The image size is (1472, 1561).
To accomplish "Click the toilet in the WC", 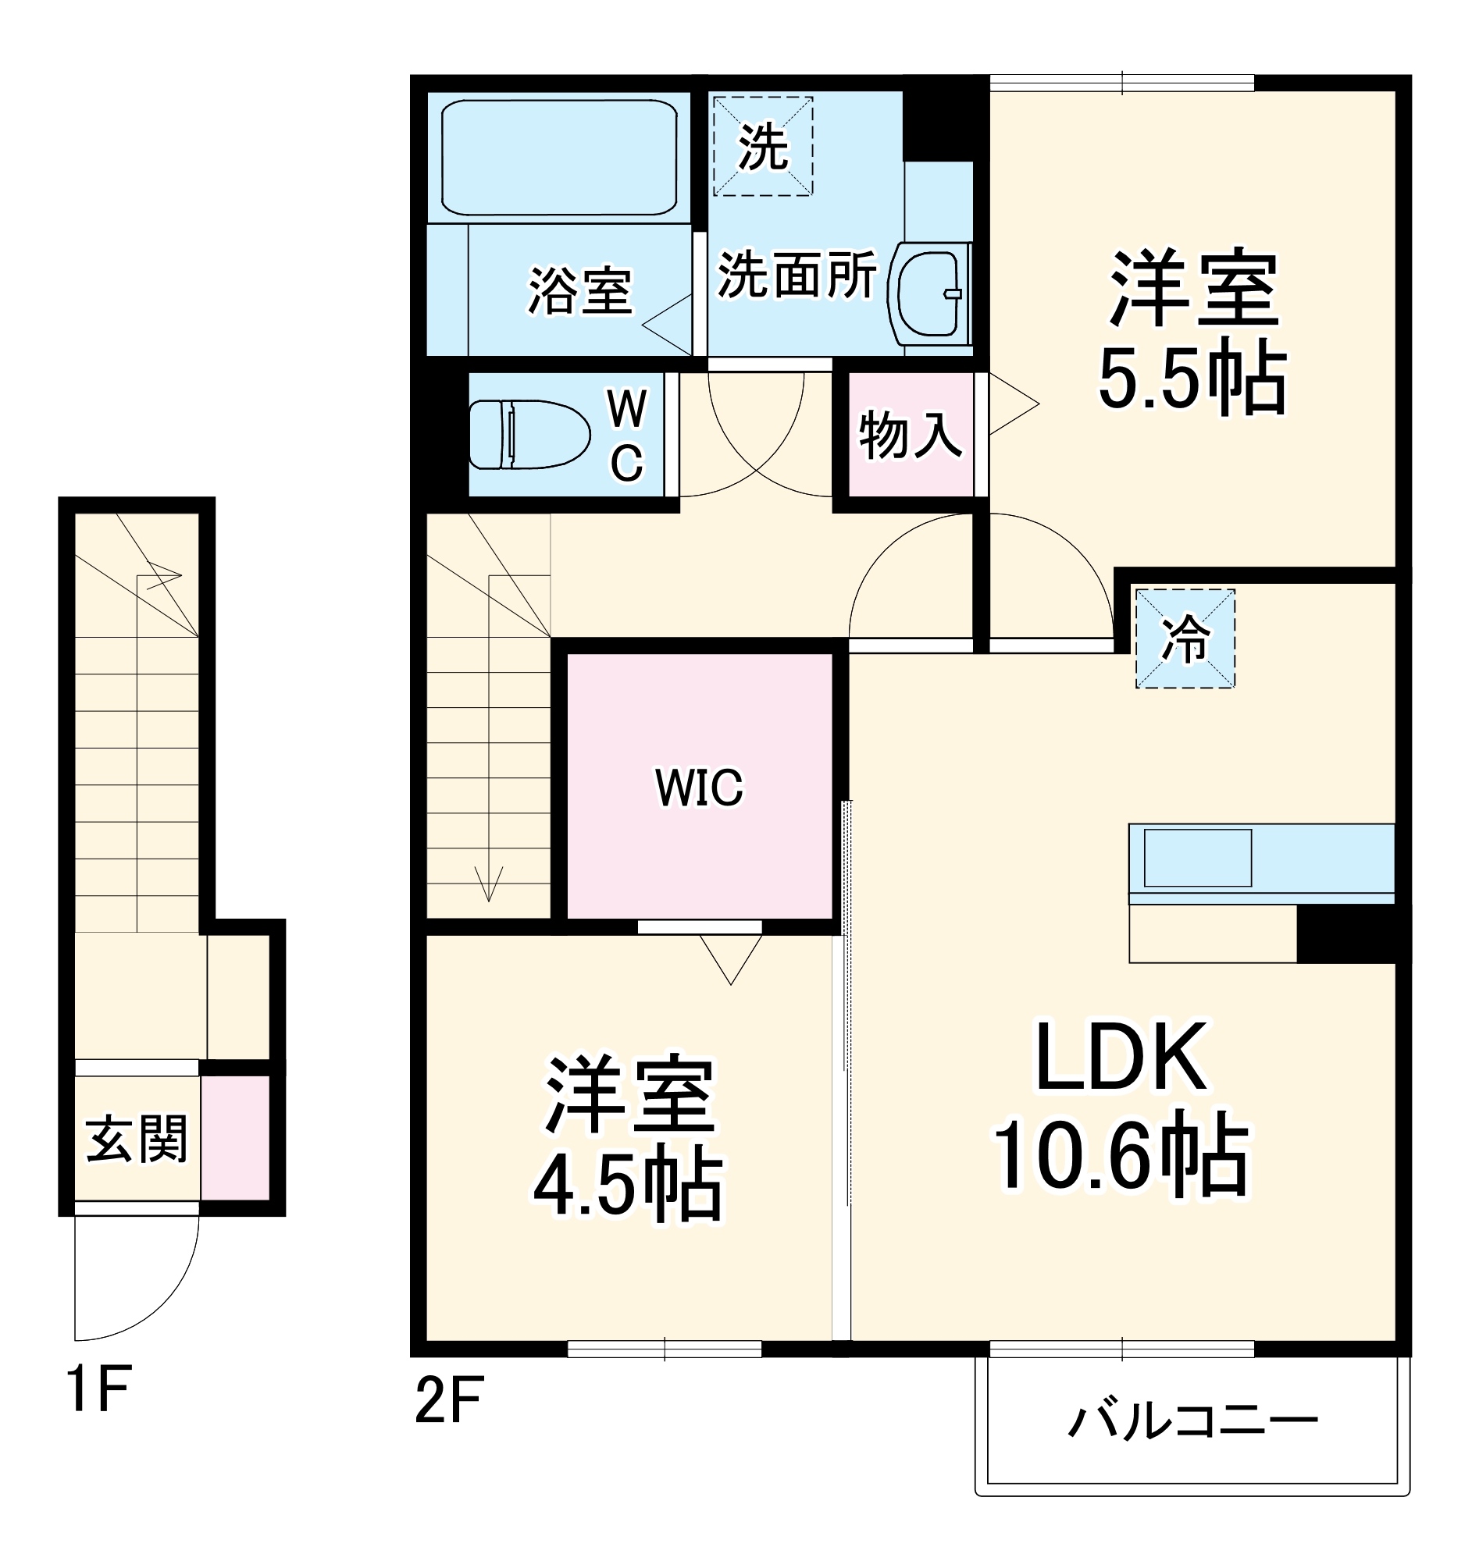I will point(529,434).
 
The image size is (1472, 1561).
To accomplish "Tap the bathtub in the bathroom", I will point(558,156).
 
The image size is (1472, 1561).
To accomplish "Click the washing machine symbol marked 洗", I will point(763,146).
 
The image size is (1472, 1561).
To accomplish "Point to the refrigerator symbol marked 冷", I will point(1185,638).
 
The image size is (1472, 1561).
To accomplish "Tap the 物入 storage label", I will point(911,434).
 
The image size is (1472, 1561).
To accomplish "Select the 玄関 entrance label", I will point(137,1138).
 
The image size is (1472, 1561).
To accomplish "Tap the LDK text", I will point(1121,1056).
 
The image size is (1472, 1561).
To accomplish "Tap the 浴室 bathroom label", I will point(579,290).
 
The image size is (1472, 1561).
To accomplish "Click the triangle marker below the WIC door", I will point(730,957).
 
